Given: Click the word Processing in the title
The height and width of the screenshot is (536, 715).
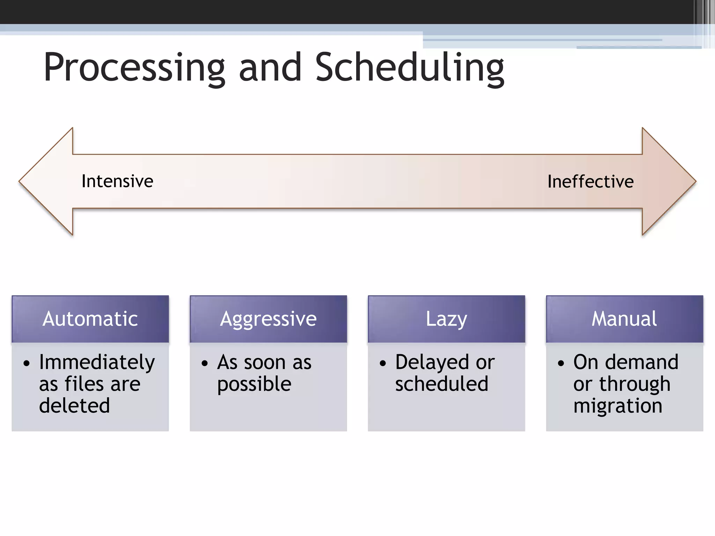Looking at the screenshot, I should click(x=134, y=68).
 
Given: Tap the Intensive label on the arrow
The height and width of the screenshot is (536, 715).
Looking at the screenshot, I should click(x=117, y=181).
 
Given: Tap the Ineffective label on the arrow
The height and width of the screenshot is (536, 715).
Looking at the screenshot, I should click(x=590, y=181).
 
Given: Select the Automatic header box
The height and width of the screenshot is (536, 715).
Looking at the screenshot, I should click(x=90, y=319).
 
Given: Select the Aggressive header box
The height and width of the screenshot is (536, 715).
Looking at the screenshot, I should click(x=268, y=319).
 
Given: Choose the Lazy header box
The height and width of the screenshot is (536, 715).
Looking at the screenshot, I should click(x=446, y=319).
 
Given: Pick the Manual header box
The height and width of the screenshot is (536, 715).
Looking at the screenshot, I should click(x=624, y=319).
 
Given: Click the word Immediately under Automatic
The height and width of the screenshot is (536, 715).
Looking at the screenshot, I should click(x=97, y=363).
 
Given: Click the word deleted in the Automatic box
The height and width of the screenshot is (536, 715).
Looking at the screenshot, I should click(x=74, y=405).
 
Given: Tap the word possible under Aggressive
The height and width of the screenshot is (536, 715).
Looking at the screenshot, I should click(x=254, y=384).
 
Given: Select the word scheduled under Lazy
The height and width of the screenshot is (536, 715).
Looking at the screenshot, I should click(x=442, y=384).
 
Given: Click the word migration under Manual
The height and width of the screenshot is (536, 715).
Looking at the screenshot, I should click(x=618, y=406).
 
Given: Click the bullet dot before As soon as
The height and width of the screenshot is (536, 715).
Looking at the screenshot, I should click(x=205, y=363).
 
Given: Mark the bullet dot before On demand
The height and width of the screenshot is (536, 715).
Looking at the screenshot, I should click(x=561, y=363).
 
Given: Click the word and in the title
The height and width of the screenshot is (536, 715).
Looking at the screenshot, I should click(x=270, y=68).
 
